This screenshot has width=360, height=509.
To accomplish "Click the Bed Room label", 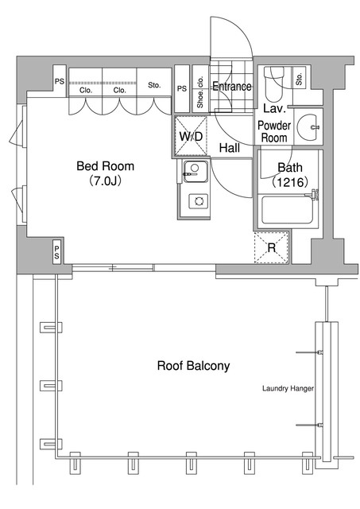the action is point(105,166).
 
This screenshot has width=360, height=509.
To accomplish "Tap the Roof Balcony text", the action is point(193,366).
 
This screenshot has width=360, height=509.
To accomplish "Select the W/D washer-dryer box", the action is point(191,136).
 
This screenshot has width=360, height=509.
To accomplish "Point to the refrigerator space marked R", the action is point(272,247).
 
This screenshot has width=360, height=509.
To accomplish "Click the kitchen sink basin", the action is point(195,172).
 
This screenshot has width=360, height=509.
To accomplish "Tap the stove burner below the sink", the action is point(198,201).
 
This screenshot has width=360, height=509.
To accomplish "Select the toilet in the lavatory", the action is point(274,84).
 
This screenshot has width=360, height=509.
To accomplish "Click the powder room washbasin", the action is point(308,127).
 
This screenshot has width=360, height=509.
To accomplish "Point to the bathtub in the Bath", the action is point(287,210).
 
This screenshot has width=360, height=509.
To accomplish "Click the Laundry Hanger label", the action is point(288,388).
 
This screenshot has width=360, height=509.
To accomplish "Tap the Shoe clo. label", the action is point(199,91).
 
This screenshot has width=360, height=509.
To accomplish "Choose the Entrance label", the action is point(231,86).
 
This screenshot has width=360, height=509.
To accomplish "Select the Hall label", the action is point(230,148).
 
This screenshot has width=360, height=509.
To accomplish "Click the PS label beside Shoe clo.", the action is point(182,88).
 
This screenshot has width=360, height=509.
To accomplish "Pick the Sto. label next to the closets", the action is point(154,85).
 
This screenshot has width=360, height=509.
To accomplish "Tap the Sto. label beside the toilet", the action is point(300,79).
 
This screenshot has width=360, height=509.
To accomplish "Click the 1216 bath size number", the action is point(290,182).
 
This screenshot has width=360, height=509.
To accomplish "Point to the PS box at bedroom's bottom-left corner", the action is point(56,251).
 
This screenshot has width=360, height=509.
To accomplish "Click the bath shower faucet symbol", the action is point(312,194).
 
